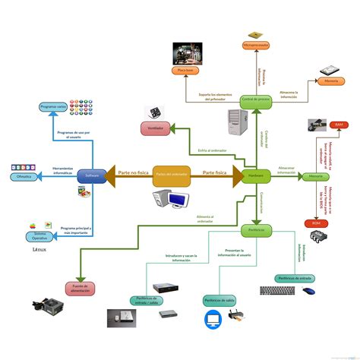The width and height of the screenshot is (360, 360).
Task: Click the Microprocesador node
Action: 256,46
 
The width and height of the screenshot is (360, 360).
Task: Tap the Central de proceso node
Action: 256,99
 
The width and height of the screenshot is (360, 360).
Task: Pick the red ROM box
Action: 315,223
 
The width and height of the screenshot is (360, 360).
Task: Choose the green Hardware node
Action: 256,175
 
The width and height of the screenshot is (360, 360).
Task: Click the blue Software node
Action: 92,175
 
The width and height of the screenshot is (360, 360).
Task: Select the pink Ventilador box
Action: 156,128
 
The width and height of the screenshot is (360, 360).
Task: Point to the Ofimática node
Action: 25,176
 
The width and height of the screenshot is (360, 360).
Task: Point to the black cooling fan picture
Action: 156,111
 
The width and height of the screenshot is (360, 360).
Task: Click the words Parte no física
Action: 133,174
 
